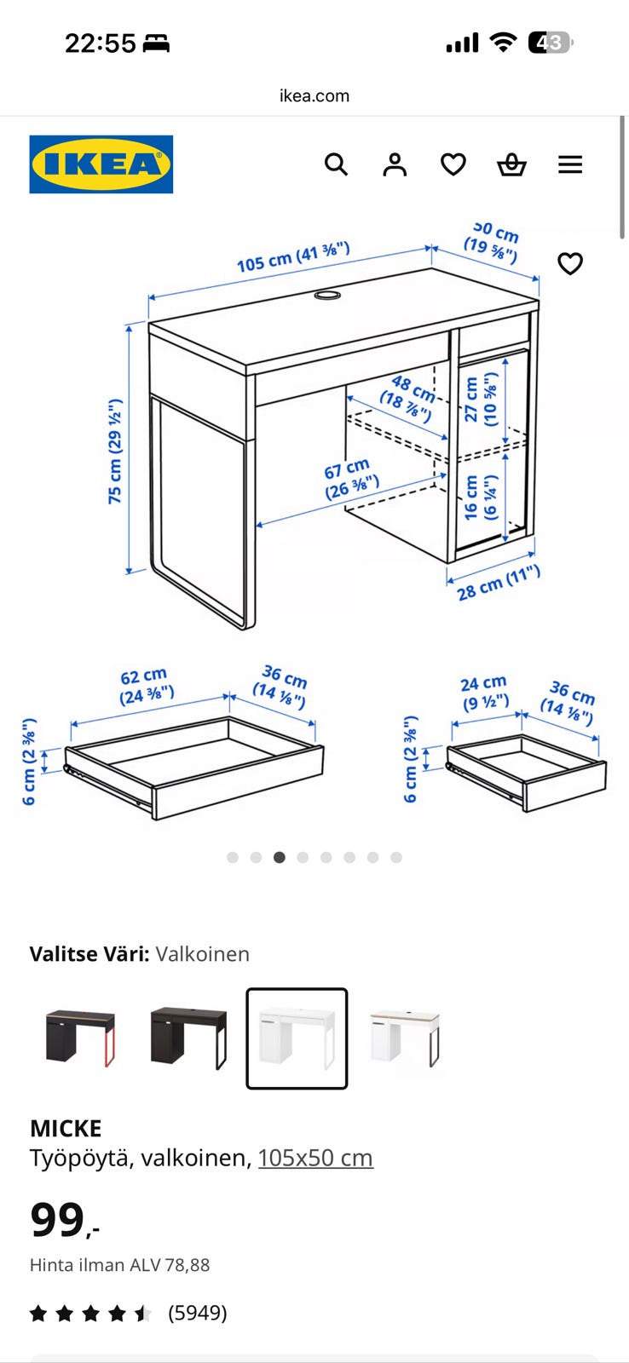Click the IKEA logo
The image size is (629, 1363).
(x=101, y=164)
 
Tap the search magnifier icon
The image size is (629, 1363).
(x=336, y=164)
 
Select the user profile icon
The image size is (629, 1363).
(x=395, y=164)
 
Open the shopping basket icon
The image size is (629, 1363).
(x=511, y=164)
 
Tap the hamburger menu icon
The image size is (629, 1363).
(x=570, y=164)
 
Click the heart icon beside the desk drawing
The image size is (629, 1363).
(x=570, y=263)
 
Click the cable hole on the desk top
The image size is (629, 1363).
(x=327, y=295)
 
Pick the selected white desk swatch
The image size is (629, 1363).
(x=297, y=1038)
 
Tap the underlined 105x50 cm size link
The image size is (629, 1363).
(x=315, y=1158)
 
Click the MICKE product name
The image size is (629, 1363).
(x=66, y=1129)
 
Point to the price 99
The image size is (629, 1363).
(x=57, y=1219)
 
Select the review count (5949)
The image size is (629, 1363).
(x=198, y=1313)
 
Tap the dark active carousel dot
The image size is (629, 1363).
(x=280, y=857)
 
